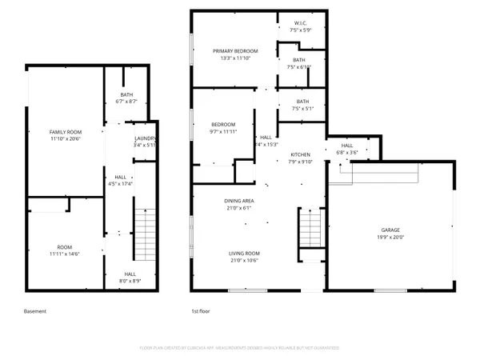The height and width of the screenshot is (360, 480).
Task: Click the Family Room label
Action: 66,131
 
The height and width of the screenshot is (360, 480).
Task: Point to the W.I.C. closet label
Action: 300,22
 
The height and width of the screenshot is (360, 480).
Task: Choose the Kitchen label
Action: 300,154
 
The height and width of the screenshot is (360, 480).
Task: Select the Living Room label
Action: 245,253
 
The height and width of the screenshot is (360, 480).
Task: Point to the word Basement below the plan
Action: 35,311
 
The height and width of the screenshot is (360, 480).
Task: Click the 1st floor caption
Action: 200,311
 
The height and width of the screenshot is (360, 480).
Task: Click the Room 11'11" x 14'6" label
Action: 64,250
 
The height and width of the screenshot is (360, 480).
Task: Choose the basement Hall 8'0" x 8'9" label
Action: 130,277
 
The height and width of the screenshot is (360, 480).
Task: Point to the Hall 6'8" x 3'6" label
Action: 347,148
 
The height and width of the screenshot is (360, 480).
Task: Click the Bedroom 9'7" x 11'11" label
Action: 223,127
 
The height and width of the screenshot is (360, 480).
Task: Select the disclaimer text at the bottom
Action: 239,348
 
